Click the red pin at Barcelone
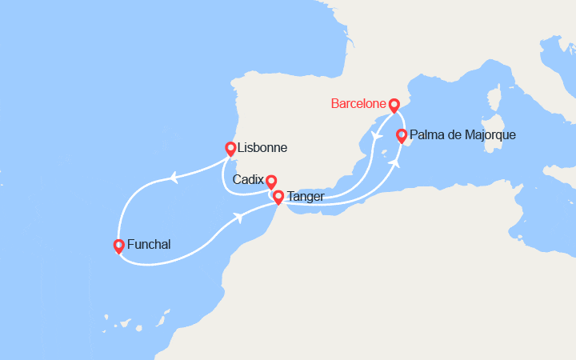tap(394, 105)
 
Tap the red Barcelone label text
tap(358, 105)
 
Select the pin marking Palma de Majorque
tap(402, 135)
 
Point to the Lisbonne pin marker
tap(230, 148)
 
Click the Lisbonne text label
tap(263, 148)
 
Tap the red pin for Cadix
tap(271, 182)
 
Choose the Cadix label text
tap(248, 180)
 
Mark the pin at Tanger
tap(278, 197)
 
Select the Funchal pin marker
tap(118, 246)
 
